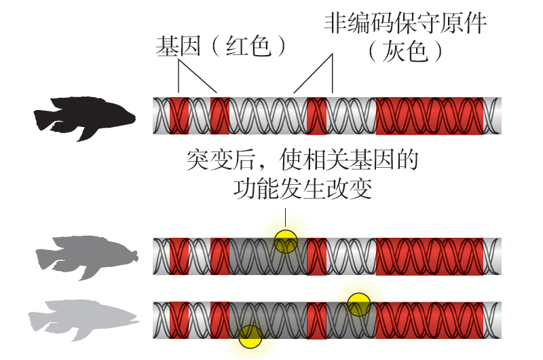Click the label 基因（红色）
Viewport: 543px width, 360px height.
(221, 46)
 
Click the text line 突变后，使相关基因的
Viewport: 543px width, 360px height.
(302, 160)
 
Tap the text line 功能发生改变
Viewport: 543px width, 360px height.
(302, 187)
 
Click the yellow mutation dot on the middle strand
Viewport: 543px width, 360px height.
(286, 241)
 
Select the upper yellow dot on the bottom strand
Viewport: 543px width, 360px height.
(358, 304)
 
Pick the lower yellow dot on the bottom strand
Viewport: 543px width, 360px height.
(250, 336)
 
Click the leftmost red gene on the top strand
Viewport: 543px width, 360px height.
(179, 115)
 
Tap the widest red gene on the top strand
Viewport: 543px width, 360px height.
(430, 115)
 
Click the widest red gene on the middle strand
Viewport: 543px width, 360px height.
(430, 256)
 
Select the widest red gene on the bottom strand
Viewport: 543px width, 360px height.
(430, 319)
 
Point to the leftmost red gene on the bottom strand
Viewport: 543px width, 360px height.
(179, 319)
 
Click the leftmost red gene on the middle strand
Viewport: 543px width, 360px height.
(179, 256)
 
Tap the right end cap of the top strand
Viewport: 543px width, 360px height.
(496, 115)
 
